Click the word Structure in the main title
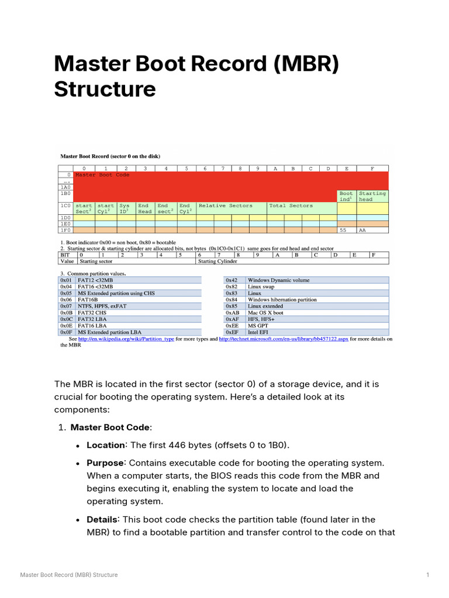coord(105,89)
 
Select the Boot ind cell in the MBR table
coord(346,196)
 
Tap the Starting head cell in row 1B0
coord(372,196)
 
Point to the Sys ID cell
coord(125,208)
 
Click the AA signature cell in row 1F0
coord(372,231)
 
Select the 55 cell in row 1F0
coord(346,231)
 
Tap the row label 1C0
coord(65,206)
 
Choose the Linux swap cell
coord(317,287)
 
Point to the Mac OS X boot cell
coord(317,312)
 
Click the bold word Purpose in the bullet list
coord(105,463)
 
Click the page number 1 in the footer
coord(428,575)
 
